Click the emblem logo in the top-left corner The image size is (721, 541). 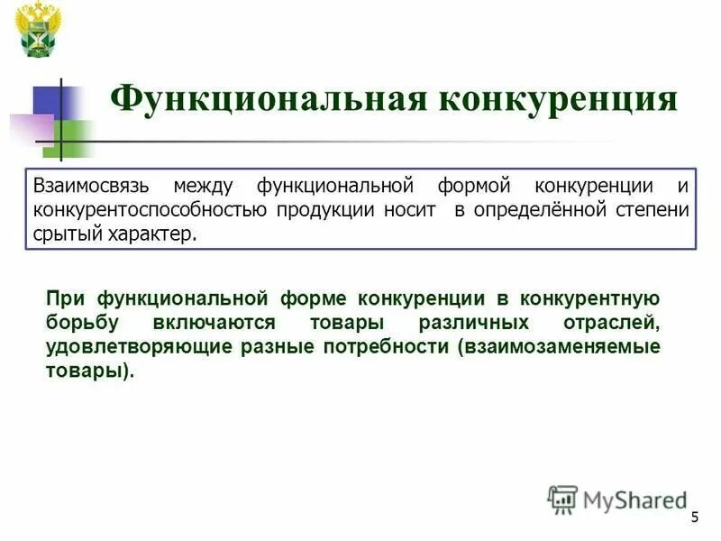tap(40, 29)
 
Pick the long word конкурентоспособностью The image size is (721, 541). tap(150, 210)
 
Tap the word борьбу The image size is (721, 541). tap(78, 323)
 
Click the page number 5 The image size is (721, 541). tap(695, 516)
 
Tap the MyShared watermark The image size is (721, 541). tap(617, 498)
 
